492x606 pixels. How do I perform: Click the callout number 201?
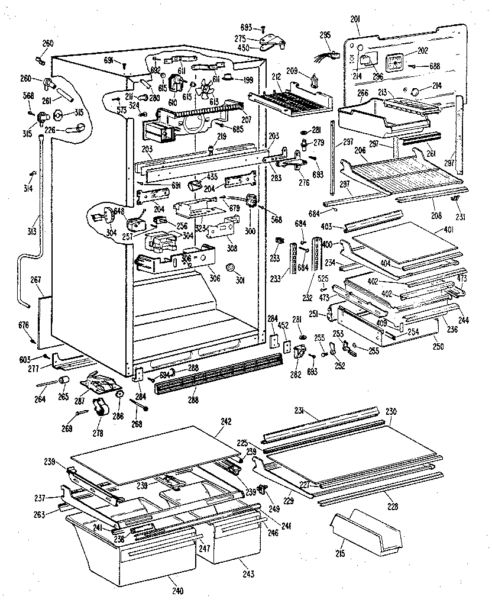coord(355,20)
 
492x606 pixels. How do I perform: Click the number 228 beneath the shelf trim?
coord(391,506)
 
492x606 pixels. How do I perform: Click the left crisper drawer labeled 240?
coord(133,556)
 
